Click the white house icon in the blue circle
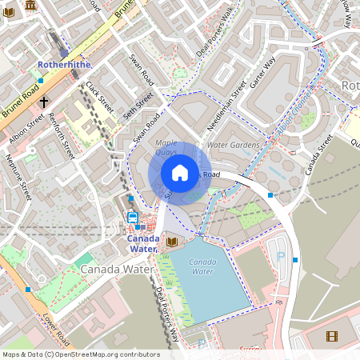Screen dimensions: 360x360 tap(180, 173)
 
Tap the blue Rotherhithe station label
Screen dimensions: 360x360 tap(65, 63)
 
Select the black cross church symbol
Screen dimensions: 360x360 tap(43, 102)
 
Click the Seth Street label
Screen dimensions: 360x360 tap(138, 106)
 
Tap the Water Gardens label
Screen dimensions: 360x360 tap(233, 146)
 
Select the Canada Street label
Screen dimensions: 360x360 tap(318, 154)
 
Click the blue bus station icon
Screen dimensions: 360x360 tap(133, 217)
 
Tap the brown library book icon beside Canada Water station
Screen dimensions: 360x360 tap(171, 241)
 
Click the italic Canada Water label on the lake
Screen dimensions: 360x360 tap(202, 266)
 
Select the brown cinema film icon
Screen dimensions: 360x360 tap(331, 336)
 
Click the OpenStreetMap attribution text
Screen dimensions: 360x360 tap(80, 354)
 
